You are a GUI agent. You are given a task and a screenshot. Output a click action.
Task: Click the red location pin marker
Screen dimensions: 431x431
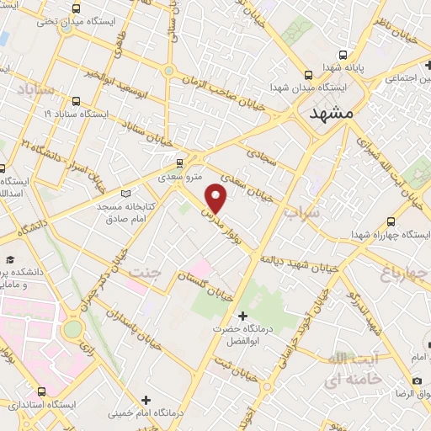pos(217,198)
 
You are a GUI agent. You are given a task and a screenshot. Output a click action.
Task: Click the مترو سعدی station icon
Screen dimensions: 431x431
pos(178,163)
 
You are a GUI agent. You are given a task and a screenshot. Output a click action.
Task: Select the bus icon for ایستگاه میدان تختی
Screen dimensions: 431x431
pos(77,9)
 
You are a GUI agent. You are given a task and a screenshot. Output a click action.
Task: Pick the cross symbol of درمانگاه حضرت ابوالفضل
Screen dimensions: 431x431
pos(243,316)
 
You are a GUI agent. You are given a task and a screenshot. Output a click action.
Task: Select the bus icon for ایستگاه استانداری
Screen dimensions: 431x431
pos(43,391)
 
